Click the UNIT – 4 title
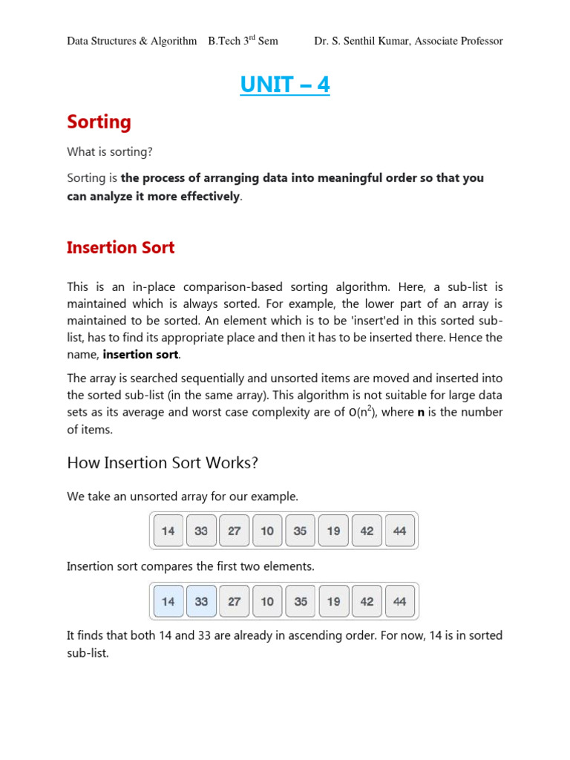point(285,85)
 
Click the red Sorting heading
point(99,122)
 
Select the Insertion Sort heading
point(120,248)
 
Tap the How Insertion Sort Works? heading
point(163,463)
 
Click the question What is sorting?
point(109,152)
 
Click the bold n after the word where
point(421,413)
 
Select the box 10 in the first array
point(267,531)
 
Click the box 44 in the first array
point(400,531)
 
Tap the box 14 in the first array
point(168,531)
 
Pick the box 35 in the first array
point(301,531)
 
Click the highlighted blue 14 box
point(168,601)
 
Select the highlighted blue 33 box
point(201,601)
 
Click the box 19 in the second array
point(333,601)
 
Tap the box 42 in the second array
point(367,601)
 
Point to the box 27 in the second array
point(235,601)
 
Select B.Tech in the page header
point(224,41)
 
